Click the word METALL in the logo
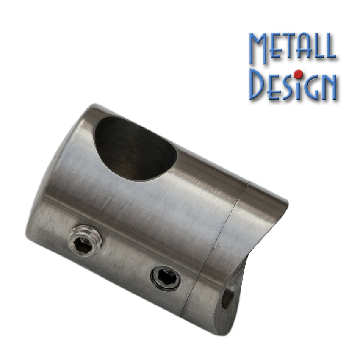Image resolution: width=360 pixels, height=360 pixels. [x=293, y=49]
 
